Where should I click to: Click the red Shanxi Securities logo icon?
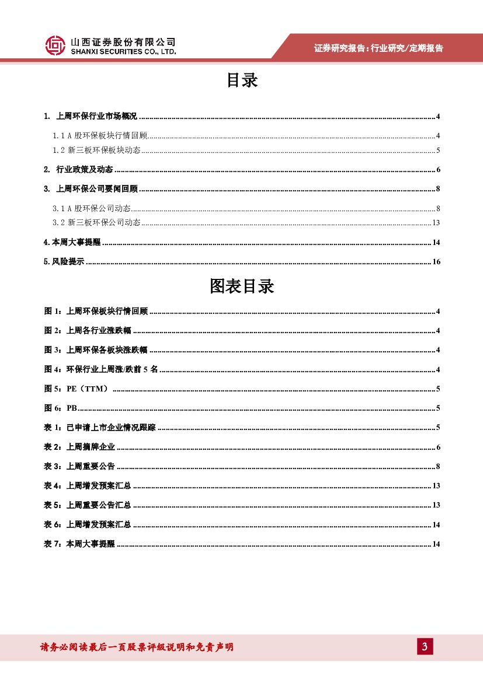[55, 46]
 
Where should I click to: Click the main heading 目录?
[242, 81]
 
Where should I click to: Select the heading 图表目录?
[242, 286]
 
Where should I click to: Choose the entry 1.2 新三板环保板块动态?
[96, 151]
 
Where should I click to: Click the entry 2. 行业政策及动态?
[78, 170]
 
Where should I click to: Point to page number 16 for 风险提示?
[436, 262]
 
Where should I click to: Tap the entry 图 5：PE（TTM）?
[77, 389]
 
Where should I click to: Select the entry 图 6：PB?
[61, 408]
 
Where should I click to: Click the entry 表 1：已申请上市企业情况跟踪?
[100, 428]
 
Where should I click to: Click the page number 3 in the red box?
[425, 646]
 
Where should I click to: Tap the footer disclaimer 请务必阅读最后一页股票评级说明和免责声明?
[137, 647]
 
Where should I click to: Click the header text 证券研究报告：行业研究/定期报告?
[378, 48]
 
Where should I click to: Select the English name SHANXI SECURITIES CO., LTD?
[123, 52]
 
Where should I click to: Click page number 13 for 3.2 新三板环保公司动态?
[436, 223]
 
